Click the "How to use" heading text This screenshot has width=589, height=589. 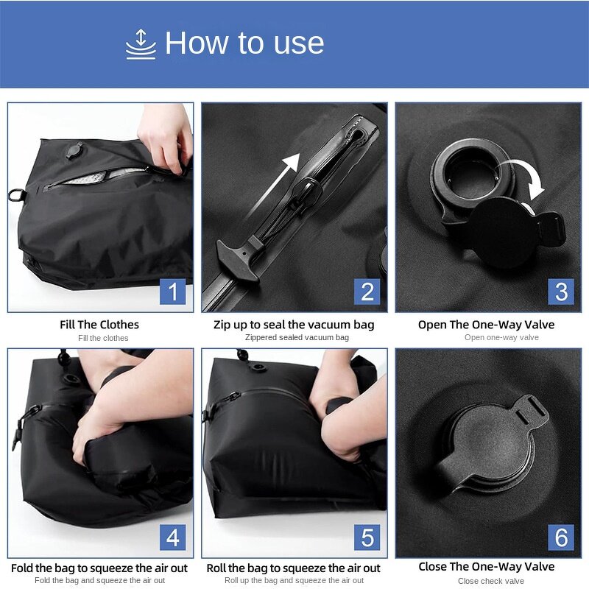point(244,43)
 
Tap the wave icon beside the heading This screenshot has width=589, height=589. point(141,43)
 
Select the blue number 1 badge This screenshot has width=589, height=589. point(172,292)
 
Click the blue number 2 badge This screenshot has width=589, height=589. point(367,292)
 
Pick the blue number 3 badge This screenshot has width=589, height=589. point(561,292)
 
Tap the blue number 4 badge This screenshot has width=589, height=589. point(172,537)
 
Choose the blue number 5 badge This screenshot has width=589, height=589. point(367,537)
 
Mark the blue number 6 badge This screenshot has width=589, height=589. point(561,537)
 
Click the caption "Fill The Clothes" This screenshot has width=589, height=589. point(99,325)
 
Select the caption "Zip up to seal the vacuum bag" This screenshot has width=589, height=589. point(294,325)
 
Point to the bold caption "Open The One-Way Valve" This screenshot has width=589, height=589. point(486,325)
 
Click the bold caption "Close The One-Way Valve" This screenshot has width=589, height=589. point(486,567)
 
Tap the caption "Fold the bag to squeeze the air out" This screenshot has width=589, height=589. point(99,568)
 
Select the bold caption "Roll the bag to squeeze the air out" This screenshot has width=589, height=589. point(294,568)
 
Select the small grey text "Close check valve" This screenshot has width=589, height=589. point(490,581)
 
